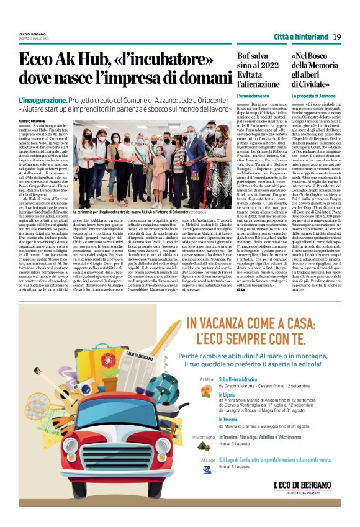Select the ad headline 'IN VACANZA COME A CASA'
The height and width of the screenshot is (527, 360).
tap(242, 323)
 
